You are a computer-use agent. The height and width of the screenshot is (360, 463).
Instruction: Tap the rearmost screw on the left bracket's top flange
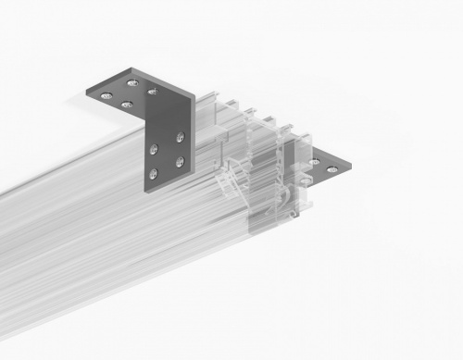[x=132, y=83]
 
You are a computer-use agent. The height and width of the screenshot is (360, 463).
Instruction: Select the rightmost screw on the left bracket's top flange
[x=152, y=92]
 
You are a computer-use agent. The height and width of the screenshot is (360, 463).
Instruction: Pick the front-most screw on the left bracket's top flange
[x=126, y=105]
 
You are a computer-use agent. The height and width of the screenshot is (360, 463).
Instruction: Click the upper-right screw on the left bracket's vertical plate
[x=180, y=137]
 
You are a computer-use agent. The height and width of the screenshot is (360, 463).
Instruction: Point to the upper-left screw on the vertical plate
[x=153, y=147]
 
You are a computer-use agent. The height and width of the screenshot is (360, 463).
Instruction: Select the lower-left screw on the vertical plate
[x=153, y=173]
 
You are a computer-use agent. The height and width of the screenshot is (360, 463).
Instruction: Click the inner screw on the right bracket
[x=316, y=161]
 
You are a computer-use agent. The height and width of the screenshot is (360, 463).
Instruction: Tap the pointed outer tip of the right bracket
[x=350, y=168]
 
